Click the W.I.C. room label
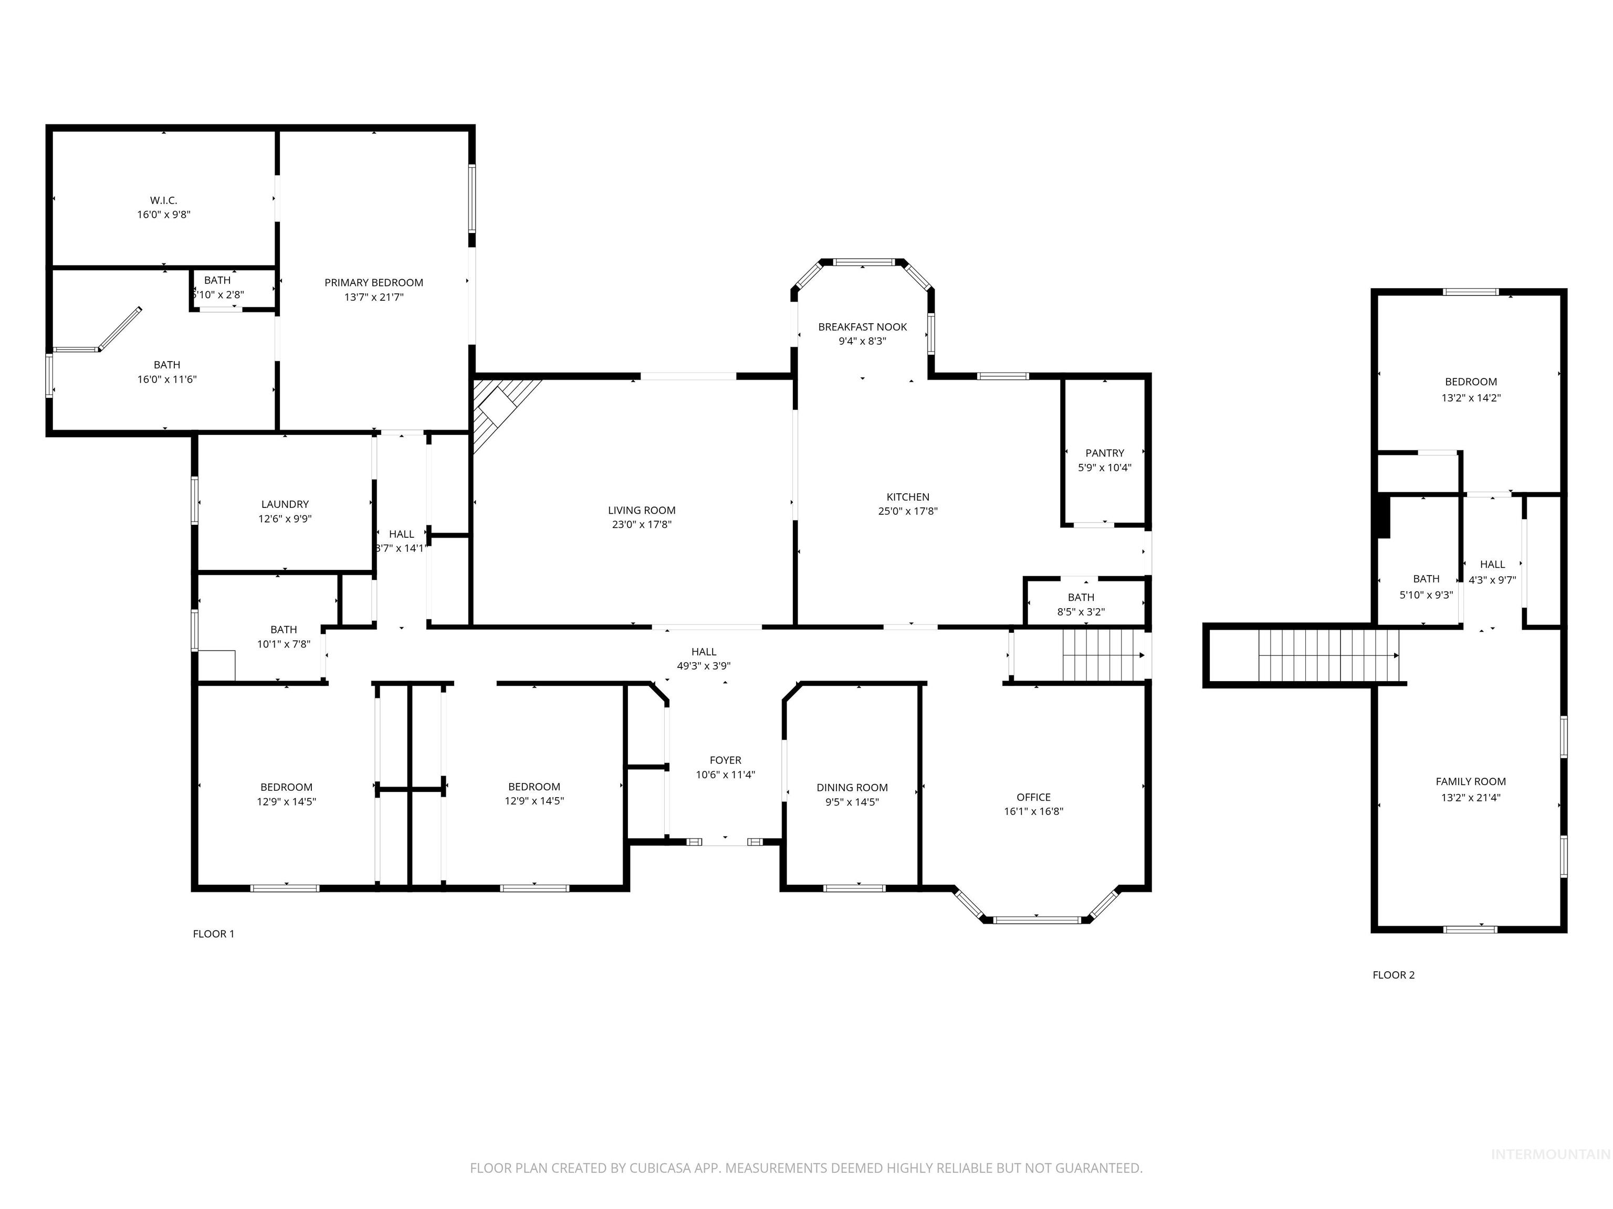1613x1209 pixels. [163, 200]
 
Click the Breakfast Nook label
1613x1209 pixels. [862, 326]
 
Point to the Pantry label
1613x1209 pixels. [1104, 452]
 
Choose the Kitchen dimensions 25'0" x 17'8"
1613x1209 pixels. [907, 512]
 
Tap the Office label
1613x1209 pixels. [1033, 797]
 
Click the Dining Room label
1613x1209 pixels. [852, 787]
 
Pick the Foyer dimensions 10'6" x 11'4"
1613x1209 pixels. [725, 775]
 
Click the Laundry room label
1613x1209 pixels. [285, 504]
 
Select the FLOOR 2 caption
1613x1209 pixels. [1393, 975]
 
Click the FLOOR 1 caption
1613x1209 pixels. [213, 934]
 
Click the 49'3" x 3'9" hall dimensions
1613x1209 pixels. [703, 666]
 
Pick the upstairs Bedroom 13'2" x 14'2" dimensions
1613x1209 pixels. [1470, 398]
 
